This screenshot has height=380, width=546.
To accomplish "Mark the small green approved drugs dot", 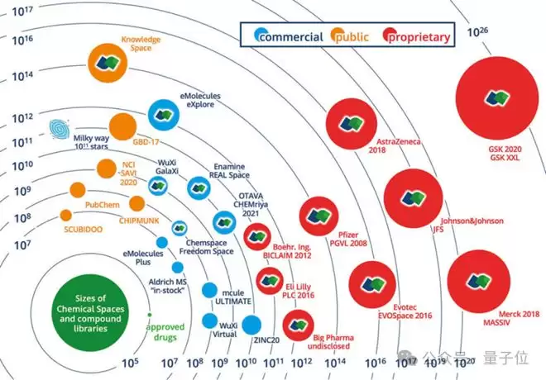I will (x=148, y=315).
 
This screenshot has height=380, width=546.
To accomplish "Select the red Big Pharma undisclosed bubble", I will (x=295, y=325).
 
